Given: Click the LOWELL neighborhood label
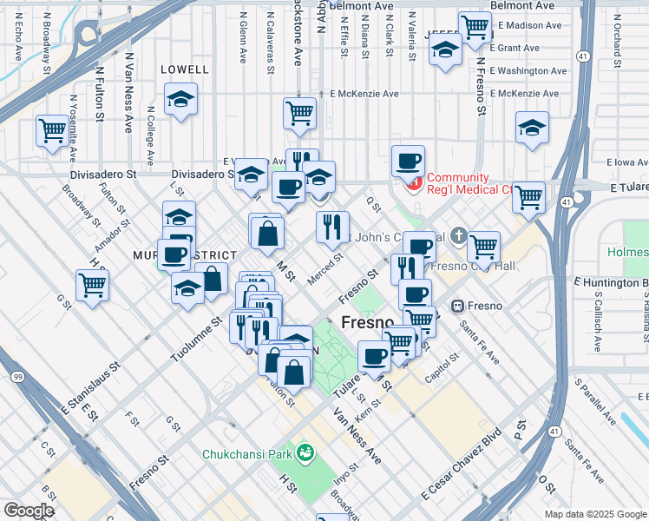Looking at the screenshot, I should click(x=185, y=69).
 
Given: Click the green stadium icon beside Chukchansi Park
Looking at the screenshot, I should click(x=305, y=452).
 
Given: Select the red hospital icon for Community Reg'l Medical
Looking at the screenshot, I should click(x=414, y=183).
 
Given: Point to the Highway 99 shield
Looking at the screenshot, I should click(x=16, y=377).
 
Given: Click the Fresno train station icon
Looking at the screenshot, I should click(x=457, y=306).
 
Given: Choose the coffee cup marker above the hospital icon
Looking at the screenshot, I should click(x=408, y=161).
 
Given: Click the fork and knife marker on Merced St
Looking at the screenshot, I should click(x=332, y=227).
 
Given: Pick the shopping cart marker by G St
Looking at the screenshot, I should click(x=92, y=284).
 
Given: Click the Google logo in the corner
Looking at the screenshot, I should click(x=29, y=511).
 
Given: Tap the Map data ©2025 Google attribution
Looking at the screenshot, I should click(x=594, y=514).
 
